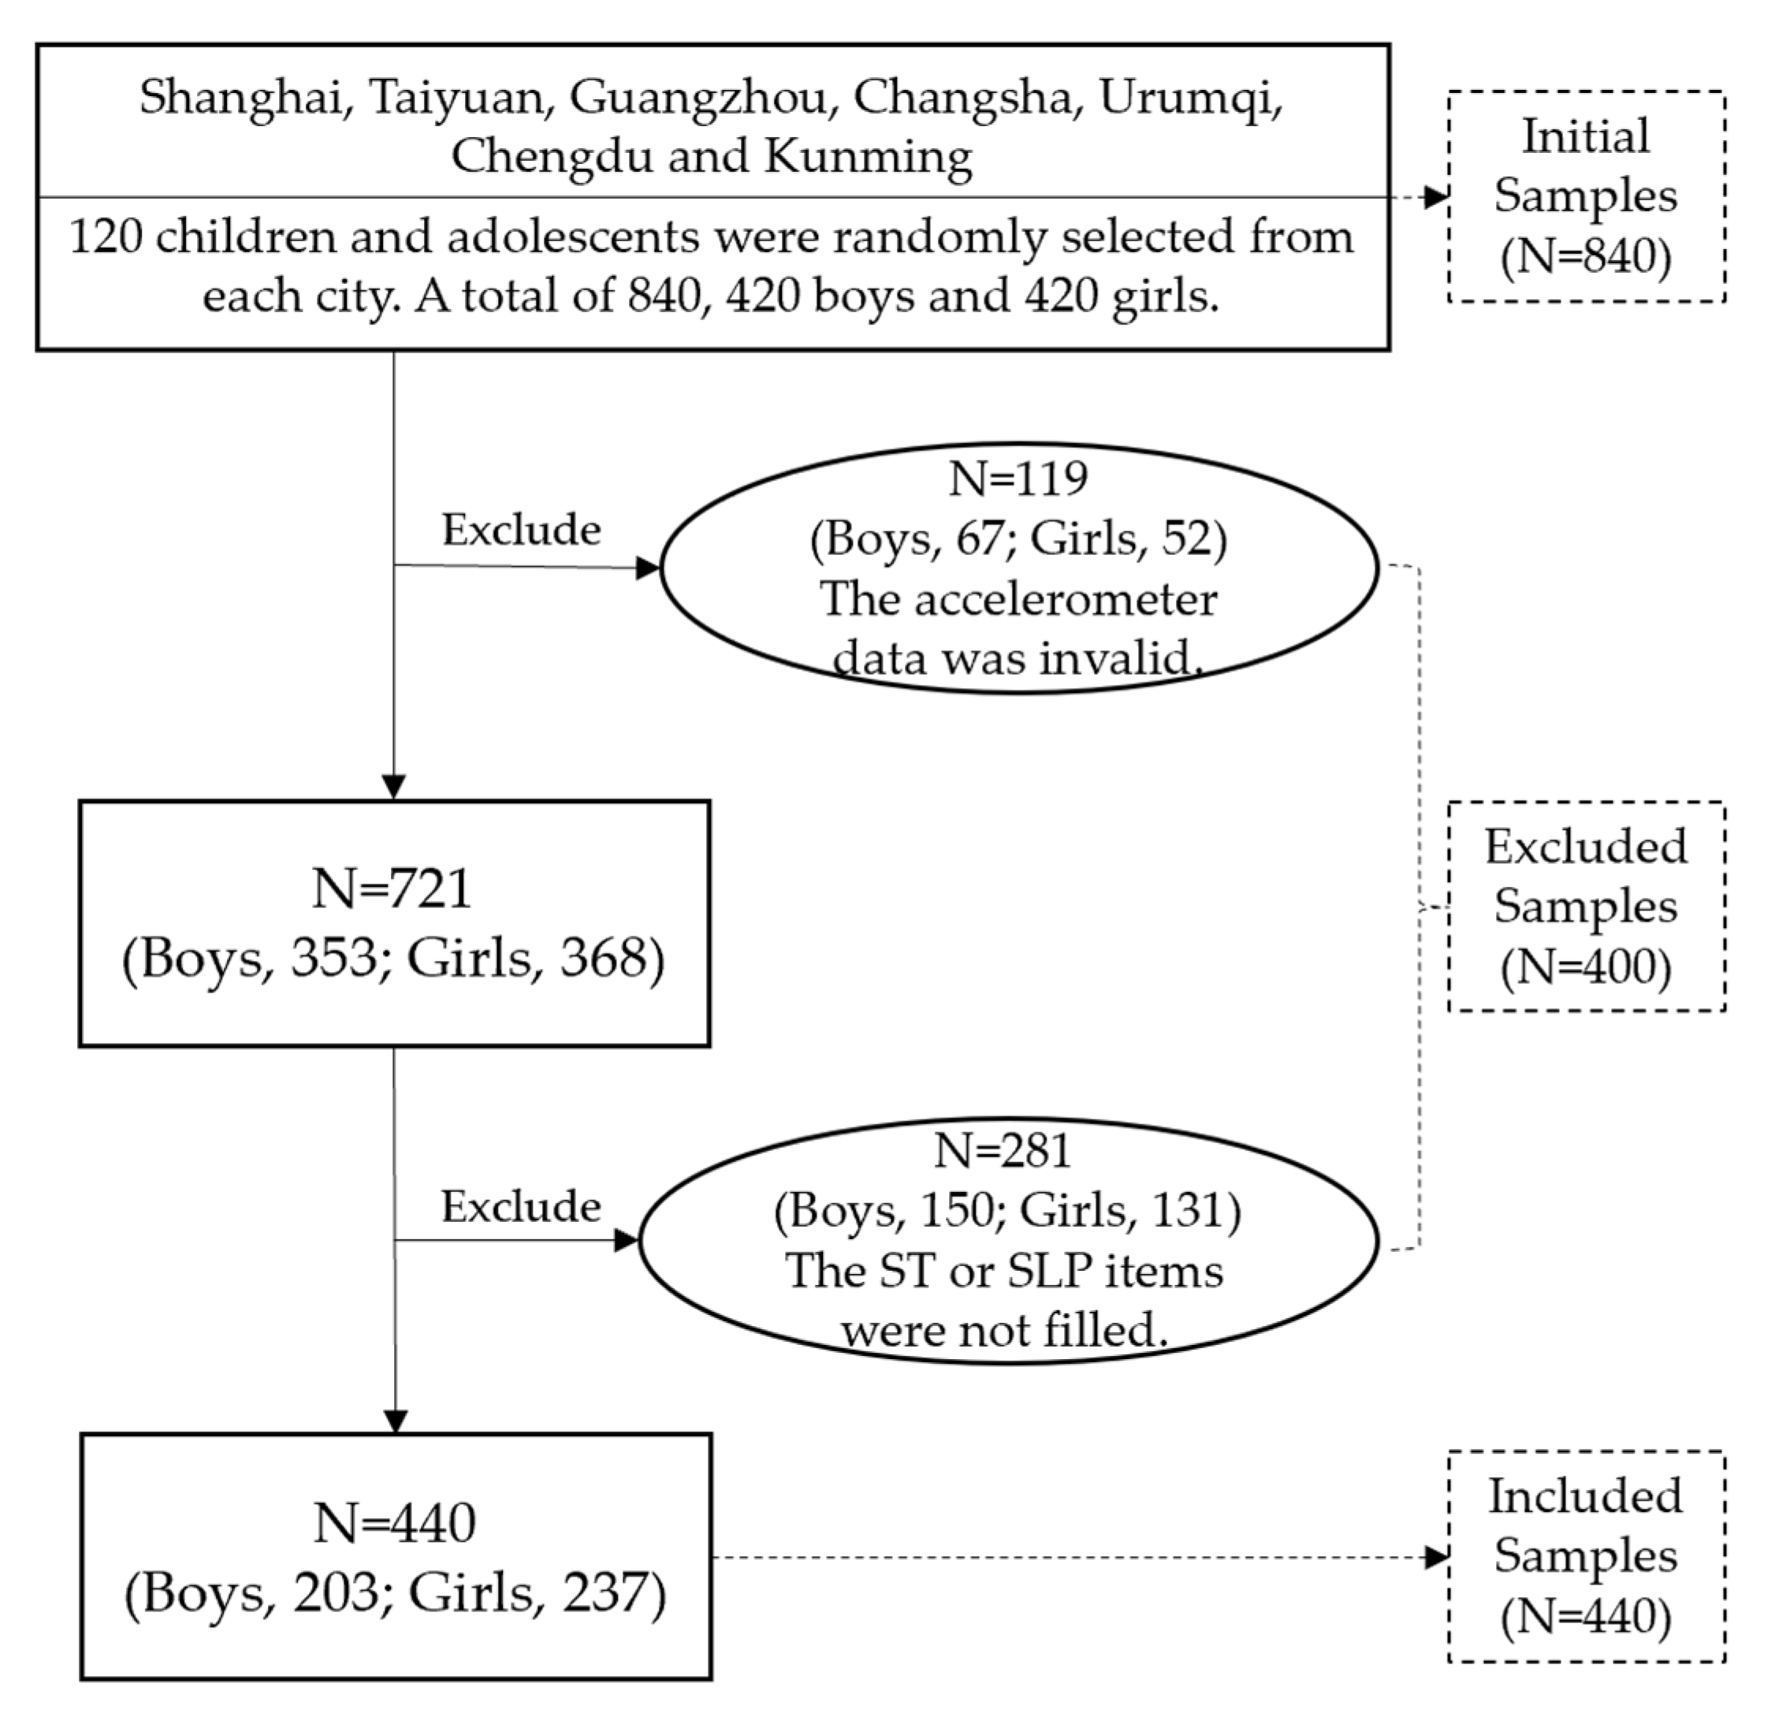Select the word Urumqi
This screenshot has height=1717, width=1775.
(1190, 98)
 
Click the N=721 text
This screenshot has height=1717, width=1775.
(393, 888)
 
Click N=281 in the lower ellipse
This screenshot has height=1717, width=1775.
(1003, 1151)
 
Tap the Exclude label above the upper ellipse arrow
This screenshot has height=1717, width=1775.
(521, 530)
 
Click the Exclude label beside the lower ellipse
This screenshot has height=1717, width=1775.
(521, 1207)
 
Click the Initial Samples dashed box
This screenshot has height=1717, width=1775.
(1586, 196)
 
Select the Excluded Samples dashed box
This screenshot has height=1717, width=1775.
(1586, 906)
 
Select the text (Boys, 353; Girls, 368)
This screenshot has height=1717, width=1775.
(393, 958)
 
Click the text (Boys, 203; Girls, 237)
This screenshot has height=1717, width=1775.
(395, 1592)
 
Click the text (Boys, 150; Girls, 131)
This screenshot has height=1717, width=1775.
(1007, 1211)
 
